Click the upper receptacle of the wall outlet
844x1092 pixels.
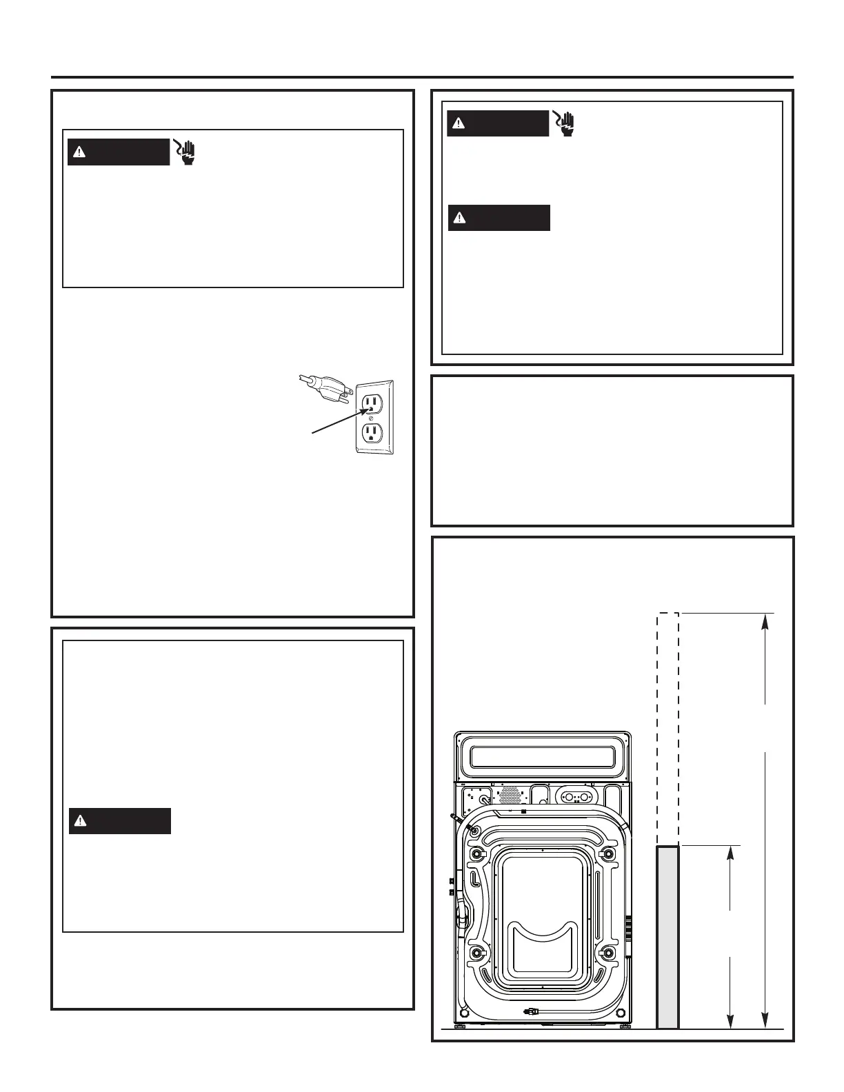coord(372,403)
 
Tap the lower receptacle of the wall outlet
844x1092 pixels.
coord(372,432)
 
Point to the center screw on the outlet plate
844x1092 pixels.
coord(372,418)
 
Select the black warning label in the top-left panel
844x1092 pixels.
coord(118,152)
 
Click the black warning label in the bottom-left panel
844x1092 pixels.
coord(119,821)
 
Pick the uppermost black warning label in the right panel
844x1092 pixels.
coord(497,123)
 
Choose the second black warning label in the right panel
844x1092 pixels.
coord(499,218)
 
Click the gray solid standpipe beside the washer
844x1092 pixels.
coord(667,938)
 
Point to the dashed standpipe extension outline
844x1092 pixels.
coord(667,727)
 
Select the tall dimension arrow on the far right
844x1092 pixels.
coord(764,820)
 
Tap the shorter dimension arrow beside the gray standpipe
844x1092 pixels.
coord(730,938)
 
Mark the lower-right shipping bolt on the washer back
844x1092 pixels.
coord(607,953)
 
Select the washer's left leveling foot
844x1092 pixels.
coord(460,1025)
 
